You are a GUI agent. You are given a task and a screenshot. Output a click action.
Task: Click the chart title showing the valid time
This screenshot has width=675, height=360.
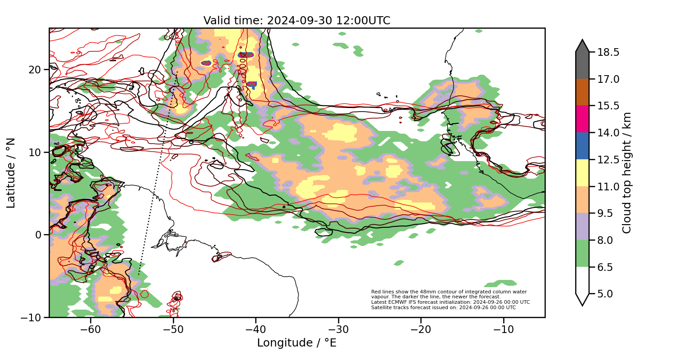click(297, 21)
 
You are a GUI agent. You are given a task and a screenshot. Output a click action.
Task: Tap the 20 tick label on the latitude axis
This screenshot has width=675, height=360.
click(36, 70)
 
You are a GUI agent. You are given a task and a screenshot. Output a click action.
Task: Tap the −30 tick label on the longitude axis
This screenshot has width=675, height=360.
click(338, 329)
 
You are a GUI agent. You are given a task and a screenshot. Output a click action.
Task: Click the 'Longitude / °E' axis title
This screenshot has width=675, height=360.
click(297, 343)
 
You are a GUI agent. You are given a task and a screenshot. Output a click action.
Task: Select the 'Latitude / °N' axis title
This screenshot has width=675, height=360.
click(11, 173)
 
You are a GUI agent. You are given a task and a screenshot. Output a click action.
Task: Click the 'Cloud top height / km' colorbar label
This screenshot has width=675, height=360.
click(627, 173)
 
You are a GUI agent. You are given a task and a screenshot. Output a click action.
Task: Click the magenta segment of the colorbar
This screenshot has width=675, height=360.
click(582, 119)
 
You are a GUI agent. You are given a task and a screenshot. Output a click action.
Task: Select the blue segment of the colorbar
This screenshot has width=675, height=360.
click(582, 146)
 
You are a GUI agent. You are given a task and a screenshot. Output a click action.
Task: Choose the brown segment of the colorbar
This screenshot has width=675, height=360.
click(582, 92)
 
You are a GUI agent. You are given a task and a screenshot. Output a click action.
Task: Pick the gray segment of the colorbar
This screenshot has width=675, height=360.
click(582, 63)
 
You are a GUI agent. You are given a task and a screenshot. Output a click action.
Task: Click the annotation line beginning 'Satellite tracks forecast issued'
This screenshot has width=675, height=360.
click(443, 308)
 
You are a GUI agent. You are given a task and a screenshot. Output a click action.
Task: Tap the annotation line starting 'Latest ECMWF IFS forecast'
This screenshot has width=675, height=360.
click(450, 302)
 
